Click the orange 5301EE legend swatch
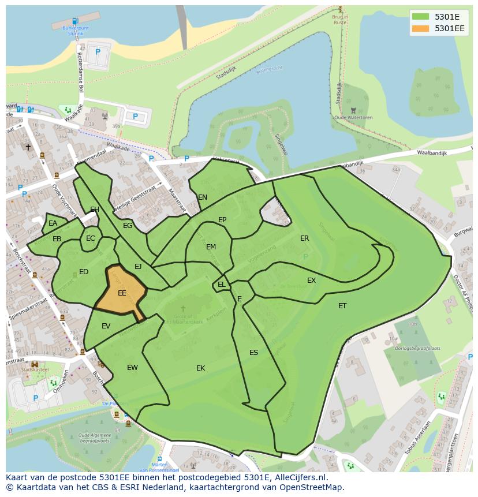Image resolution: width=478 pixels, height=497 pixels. (421, 28)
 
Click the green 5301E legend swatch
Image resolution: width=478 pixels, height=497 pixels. (421, 16)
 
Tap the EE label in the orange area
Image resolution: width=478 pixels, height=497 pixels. (122, 293)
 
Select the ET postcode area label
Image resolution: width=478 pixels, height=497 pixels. (342, 306)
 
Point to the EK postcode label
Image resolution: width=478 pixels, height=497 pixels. (200, 368)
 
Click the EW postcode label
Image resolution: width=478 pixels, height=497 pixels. (132, 368)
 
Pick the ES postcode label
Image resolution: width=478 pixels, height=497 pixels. (253, 353)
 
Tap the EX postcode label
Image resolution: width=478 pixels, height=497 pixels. (311, 281)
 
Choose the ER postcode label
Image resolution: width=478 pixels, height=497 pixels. (304, 238)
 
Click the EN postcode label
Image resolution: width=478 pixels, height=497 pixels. (203, 197)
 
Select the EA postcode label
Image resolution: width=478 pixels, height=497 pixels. (53, 223)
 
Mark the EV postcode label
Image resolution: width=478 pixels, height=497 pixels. (106, 326)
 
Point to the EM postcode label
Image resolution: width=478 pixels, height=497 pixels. (211, 247)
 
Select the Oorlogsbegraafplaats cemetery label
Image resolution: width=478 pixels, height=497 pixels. (413, 349)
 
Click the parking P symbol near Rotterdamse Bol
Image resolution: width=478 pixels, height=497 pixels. (98, 52)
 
